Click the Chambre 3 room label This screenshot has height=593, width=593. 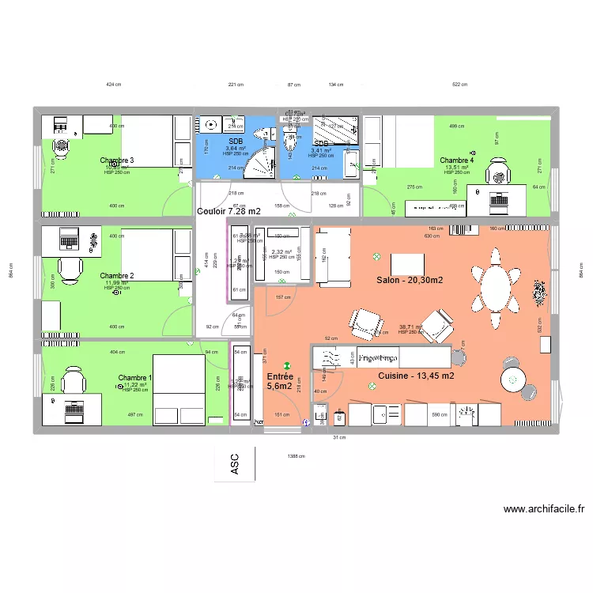click(117, 161)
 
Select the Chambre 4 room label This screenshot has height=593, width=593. click(457, 161)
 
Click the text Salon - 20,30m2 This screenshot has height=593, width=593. click(409, 281)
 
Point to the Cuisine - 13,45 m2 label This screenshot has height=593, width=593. click(416, 376)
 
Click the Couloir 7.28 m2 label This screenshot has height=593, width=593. click(228, 212)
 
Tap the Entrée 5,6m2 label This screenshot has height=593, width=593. click(280, 381)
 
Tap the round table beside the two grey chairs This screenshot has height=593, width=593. click(516, 381)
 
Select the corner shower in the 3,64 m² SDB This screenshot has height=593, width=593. click(258, 163)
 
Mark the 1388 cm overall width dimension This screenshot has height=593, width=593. click(296, 456)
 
